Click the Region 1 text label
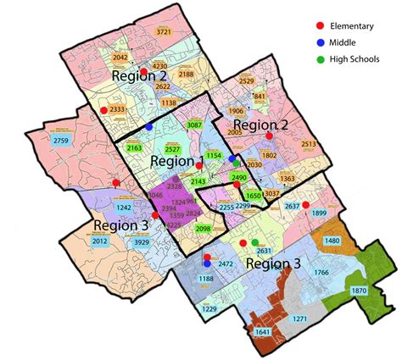click(x=177, y=161)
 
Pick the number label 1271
click(x=299, y=318)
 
